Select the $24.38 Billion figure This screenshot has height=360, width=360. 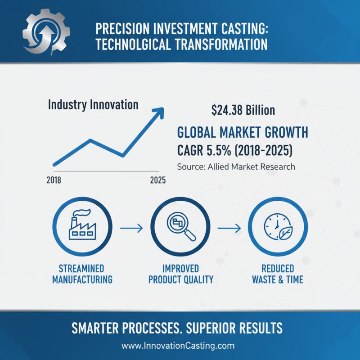click(x=243, y=110)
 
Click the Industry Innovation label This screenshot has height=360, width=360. click(x=93, y=105)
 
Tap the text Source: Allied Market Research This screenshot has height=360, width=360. click(x=236, y=166)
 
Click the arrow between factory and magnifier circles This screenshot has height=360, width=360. click(x=131, y=229)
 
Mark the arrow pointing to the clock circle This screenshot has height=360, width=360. click(x=229, y=229)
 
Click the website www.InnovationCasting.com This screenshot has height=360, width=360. click(x=179, y=346)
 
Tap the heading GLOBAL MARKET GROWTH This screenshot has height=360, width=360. click(x=243, y=133)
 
